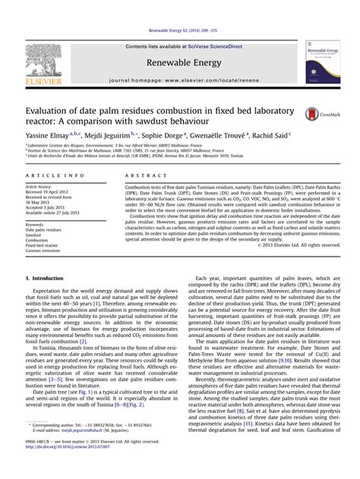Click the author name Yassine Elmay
pyautogui.click(x=52, y=133)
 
